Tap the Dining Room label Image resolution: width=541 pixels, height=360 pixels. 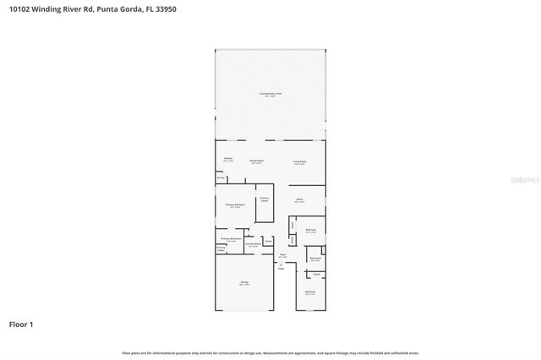click(x=256, y=161)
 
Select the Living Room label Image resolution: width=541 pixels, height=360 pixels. click(x=300, y=161)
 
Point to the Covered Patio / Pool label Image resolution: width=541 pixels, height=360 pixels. click(x=270, y=93)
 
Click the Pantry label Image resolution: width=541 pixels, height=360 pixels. click(x=221, y=178)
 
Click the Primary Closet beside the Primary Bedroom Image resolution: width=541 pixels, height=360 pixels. click(x=265, y=199)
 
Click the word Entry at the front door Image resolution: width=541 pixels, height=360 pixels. click(x=281, y=268)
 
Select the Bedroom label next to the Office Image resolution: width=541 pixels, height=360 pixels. click(x=311, y=230)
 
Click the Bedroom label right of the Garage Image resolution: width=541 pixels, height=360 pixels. click(x=310, y=292)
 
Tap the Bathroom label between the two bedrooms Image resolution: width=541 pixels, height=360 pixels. click(x=315, y=259)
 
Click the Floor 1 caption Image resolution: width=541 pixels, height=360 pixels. click(x=21, y=324)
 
